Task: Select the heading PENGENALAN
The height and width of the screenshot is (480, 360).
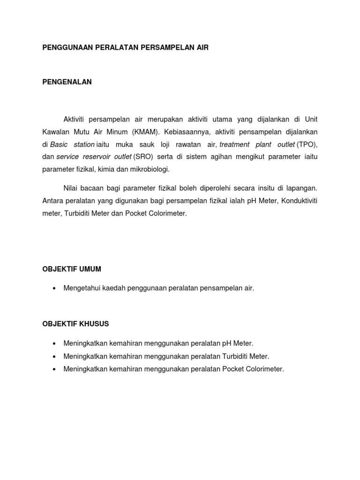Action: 67,82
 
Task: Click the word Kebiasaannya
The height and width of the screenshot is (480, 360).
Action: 188,132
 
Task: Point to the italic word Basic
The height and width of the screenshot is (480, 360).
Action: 59,144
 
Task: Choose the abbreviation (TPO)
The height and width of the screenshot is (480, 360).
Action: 307,144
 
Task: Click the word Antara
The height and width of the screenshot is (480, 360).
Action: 52,201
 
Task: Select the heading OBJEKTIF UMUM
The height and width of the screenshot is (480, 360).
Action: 72,269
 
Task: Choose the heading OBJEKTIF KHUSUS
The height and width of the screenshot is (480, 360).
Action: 75,324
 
